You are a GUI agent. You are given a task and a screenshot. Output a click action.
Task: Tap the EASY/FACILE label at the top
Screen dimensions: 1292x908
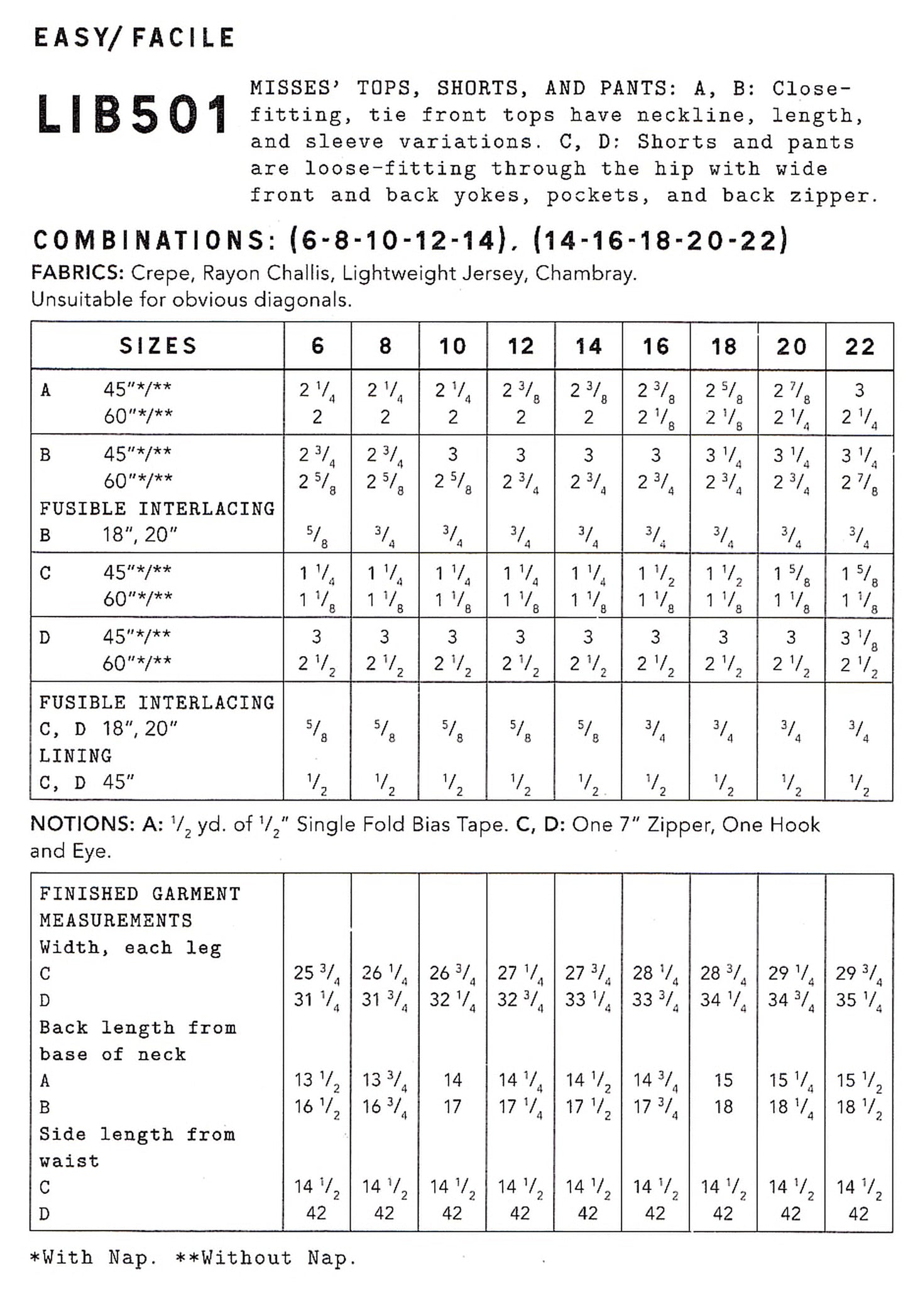click(x=134, y=38)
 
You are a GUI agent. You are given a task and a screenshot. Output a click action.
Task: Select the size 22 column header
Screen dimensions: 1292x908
click(x=859, y=346)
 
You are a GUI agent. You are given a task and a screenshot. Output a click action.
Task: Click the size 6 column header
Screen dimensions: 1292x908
click(x=317, y=346)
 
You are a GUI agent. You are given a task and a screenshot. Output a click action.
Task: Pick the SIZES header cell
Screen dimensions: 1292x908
click(x=158, y=346)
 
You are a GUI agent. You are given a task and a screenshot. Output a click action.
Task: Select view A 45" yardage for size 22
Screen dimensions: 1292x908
click(x=859, y=391)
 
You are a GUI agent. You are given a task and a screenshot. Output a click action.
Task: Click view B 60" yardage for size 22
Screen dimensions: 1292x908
click(x=859, y=483)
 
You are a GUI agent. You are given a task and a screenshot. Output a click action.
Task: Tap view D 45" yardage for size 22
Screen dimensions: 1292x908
click(x=859, y=638)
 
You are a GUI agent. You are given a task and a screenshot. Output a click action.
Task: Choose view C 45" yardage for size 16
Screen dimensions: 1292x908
click(x=655, y=574)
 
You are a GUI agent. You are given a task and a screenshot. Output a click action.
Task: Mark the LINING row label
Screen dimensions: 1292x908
click(x=75, y=755)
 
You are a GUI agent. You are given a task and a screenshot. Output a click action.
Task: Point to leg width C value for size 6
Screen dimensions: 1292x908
click(x=317, y=974)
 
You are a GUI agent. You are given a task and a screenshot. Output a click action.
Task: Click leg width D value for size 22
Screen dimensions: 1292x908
click(x=859, y=1000)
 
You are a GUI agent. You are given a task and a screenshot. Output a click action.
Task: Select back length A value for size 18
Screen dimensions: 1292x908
click(x=723, y=1080)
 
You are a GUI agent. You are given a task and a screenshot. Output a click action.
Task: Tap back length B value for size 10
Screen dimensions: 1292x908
click(x=452, y=1107)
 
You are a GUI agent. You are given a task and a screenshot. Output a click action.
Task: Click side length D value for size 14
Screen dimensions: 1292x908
click(x=588, y=1213)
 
